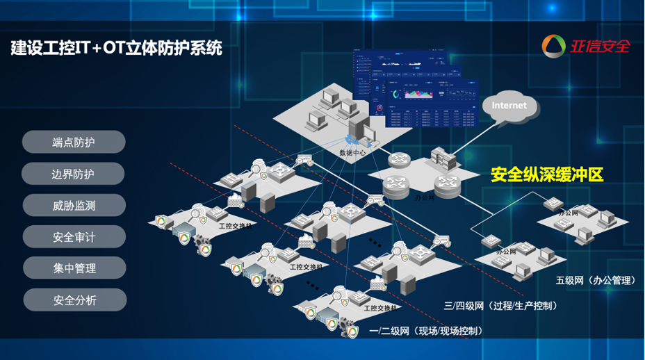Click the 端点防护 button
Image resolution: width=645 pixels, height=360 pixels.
[74, 142]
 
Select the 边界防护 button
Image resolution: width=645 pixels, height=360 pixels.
[73, 174]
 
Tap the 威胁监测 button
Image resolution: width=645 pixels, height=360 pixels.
[74, 206]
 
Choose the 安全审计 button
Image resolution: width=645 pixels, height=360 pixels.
[74, 237]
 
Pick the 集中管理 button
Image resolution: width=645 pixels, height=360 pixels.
[74, 268]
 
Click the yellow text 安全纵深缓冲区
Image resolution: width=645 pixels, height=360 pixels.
[547, 174]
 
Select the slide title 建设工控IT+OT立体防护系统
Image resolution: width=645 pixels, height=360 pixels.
[117, 48]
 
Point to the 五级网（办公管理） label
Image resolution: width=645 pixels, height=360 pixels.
[596, 281]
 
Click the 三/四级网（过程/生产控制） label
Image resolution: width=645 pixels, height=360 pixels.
[500, 305]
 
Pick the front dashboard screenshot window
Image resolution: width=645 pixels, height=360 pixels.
[431, 104]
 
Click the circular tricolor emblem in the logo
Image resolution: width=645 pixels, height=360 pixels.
[554, 47]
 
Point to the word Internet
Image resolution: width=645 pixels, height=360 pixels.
[509, 106]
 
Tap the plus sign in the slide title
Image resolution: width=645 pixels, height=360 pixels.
[97, 49]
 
